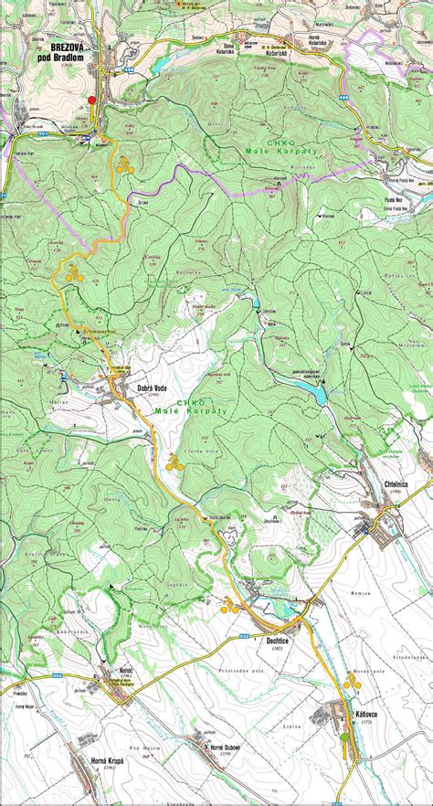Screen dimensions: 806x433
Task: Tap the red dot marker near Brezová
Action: (x=91, y=100)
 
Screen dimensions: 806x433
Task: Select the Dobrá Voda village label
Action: (x=137, y=387)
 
